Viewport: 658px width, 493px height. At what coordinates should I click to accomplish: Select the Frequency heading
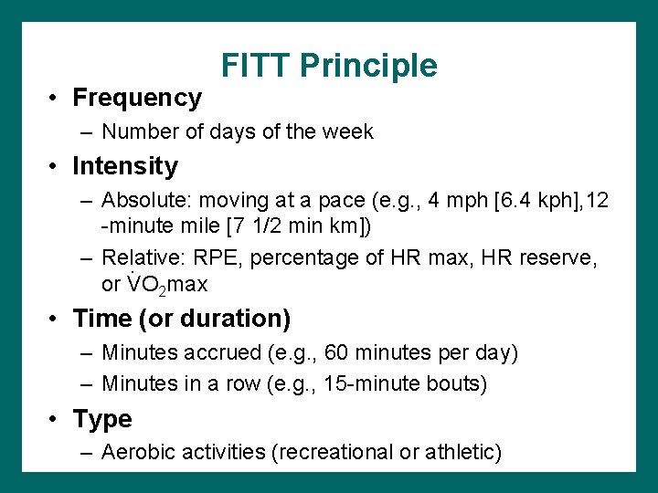click(x=137, y=97)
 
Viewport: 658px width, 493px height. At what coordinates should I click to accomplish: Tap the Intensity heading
click(x=125, y=166)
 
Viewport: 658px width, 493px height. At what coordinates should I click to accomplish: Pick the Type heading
click(x=102, y=419)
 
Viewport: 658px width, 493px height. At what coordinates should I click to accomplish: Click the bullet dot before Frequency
click(x=55, y=98)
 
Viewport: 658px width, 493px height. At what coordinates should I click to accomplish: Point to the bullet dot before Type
click(x=55, y=420)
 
